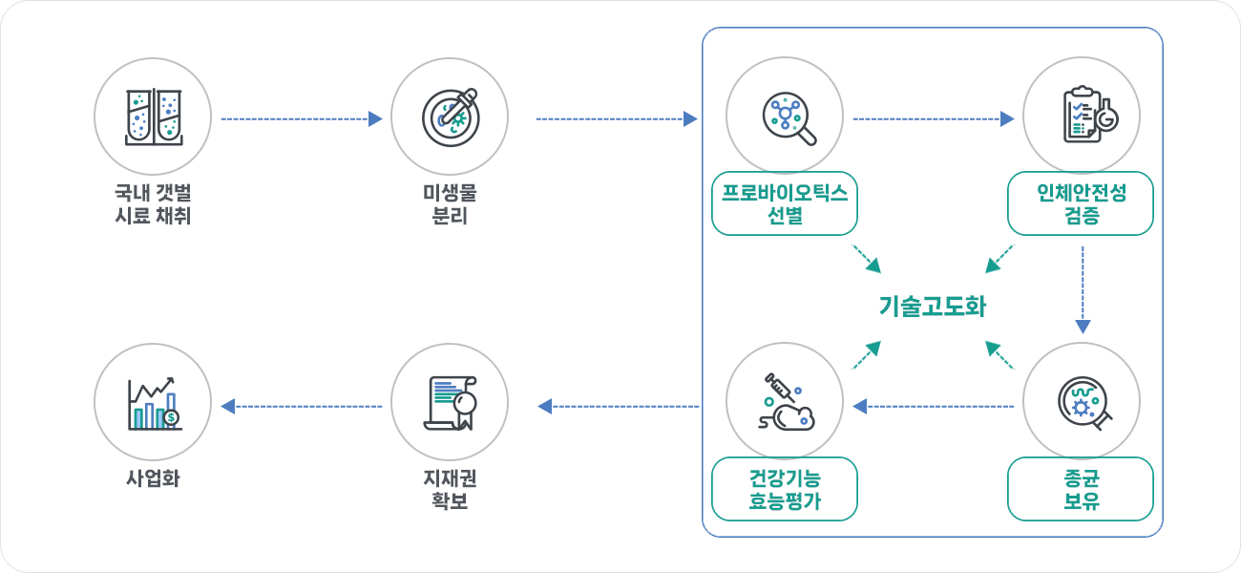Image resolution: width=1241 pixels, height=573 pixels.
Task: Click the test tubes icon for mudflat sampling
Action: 153,117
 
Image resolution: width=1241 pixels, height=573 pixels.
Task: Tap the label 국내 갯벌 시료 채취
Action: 153,204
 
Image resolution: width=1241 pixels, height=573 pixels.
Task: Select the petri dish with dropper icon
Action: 450,117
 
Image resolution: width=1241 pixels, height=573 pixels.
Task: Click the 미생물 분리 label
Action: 450,204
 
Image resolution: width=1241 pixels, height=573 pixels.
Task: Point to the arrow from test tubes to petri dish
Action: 301,119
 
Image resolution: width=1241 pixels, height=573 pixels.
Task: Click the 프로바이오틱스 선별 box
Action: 785,203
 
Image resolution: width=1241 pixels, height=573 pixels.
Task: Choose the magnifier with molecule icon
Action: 785,117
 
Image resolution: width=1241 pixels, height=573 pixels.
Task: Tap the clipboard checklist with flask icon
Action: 1082,117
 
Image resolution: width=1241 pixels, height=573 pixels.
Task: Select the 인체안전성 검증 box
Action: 1081,203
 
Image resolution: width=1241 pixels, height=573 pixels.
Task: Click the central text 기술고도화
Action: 932,307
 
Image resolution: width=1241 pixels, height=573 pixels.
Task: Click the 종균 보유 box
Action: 1081,489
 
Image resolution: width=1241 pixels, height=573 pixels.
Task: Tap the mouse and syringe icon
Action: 785,402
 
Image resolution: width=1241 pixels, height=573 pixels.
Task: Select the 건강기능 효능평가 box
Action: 785,489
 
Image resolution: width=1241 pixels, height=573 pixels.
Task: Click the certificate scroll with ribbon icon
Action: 450,402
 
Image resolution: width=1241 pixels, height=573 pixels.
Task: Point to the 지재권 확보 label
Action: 450,489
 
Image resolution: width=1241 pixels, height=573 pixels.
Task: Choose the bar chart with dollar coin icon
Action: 153,402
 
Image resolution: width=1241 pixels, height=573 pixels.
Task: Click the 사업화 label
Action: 153,478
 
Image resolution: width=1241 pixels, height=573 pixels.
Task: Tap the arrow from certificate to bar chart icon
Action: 301,407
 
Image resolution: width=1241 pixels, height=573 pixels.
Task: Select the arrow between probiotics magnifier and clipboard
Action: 933,119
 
